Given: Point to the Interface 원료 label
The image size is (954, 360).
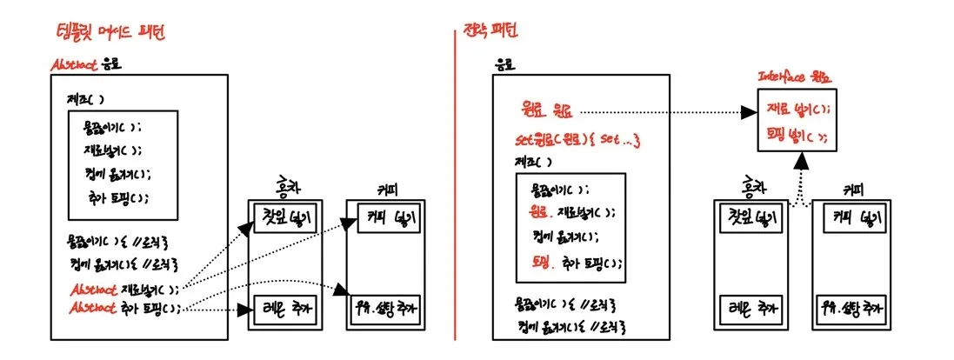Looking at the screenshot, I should click(x=794, y=77).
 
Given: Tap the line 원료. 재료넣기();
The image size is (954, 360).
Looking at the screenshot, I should click(x=568, y=211).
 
